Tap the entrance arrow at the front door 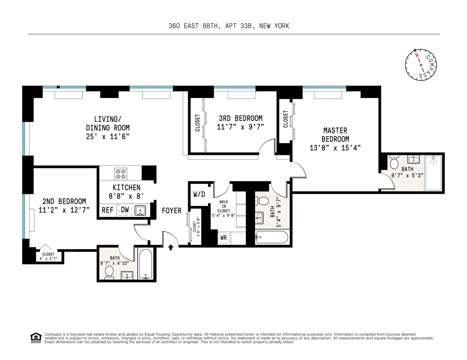click(x=171, y=247)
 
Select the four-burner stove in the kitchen click(x=120, y=174)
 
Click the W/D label click(x=199, y=194)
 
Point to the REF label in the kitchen click(x=107, y=210)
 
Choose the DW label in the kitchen click(x=125, y=210)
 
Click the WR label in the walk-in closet click(x=223, y=238)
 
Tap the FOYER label click(x=172, y=211)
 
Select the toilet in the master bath click(x=394, y=163)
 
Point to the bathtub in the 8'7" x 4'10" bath click(x=146, y=264)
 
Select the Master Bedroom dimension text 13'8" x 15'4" click(x=335, y=148)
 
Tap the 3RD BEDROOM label click(x=240, y=118)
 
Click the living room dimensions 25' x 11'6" click(x=107, y=136)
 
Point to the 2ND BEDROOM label click(x=64, y=201)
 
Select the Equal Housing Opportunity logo click(x=36, y=338)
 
